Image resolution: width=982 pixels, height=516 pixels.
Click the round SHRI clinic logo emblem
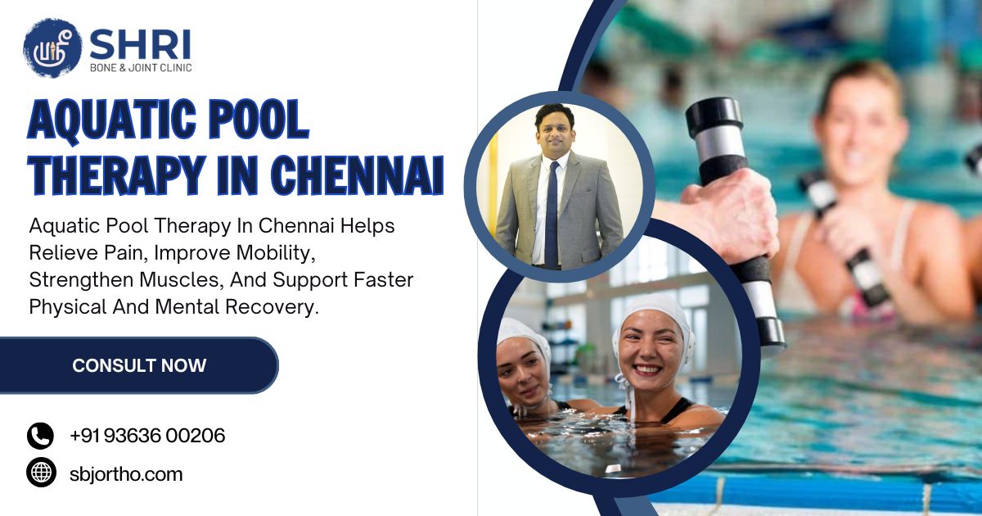click(x=52, y=48)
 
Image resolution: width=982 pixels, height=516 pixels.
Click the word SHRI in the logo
click(x=140, y=43)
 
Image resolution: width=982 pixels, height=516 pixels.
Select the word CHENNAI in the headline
click(x=357, y=174)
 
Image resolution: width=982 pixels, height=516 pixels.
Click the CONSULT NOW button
click(x=139, y=365)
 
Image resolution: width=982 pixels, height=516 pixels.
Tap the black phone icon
click(x=40, y=436)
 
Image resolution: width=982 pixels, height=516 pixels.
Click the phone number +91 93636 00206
click(x=148, y=436)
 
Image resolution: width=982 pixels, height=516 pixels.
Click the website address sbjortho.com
click(x=127, y=473)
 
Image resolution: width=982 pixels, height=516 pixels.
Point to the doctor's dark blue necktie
click(x=554, y=212)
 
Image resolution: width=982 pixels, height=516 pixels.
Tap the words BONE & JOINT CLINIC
click(x=141, y=68)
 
